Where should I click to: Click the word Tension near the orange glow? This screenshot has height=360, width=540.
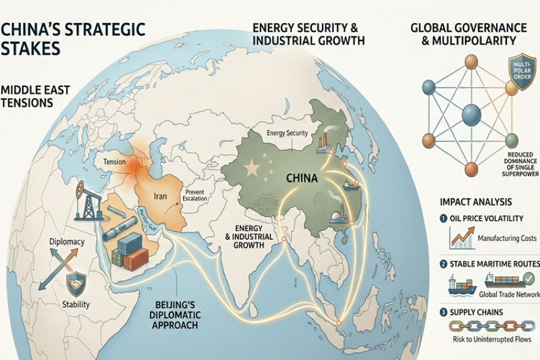pos(116,163)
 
